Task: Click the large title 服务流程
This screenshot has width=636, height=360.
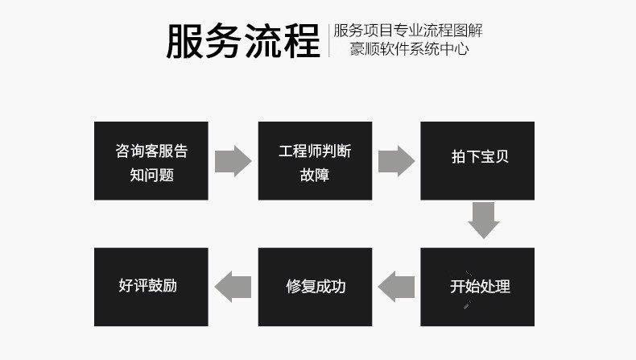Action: point(243,40)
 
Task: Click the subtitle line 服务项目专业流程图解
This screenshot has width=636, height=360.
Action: point(408,31)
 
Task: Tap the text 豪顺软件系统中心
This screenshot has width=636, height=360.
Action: point(408,49)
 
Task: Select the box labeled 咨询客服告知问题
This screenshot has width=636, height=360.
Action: point(151,161)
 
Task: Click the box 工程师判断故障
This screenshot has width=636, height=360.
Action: point(315,161)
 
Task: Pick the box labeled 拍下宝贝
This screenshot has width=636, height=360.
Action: point(478,161)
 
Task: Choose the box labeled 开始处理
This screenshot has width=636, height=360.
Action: point(478,287)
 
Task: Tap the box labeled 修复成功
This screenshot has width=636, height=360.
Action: point(315,287)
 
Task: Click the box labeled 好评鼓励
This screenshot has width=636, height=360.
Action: point(151,287)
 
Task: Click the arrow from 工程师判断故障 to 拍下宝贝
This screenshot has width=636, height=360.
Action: point(396,161)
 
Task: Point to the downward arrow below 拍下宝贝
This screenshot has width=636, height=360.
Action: point(484,220)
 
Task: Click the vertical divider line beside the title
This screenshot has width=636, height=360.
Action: point(329,40)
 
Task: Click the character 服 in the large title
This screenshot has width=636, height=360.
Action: point(185,40)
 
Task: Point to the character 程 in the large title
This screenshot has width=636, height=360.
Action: point(301,40)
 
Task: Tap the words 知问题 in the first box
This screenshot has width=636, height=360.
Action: point(151,175)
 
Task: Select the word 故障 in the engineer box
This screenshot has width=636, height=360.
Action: point(315,175)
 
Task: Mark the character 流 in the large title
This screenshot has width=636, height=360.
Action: point(262,40)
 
